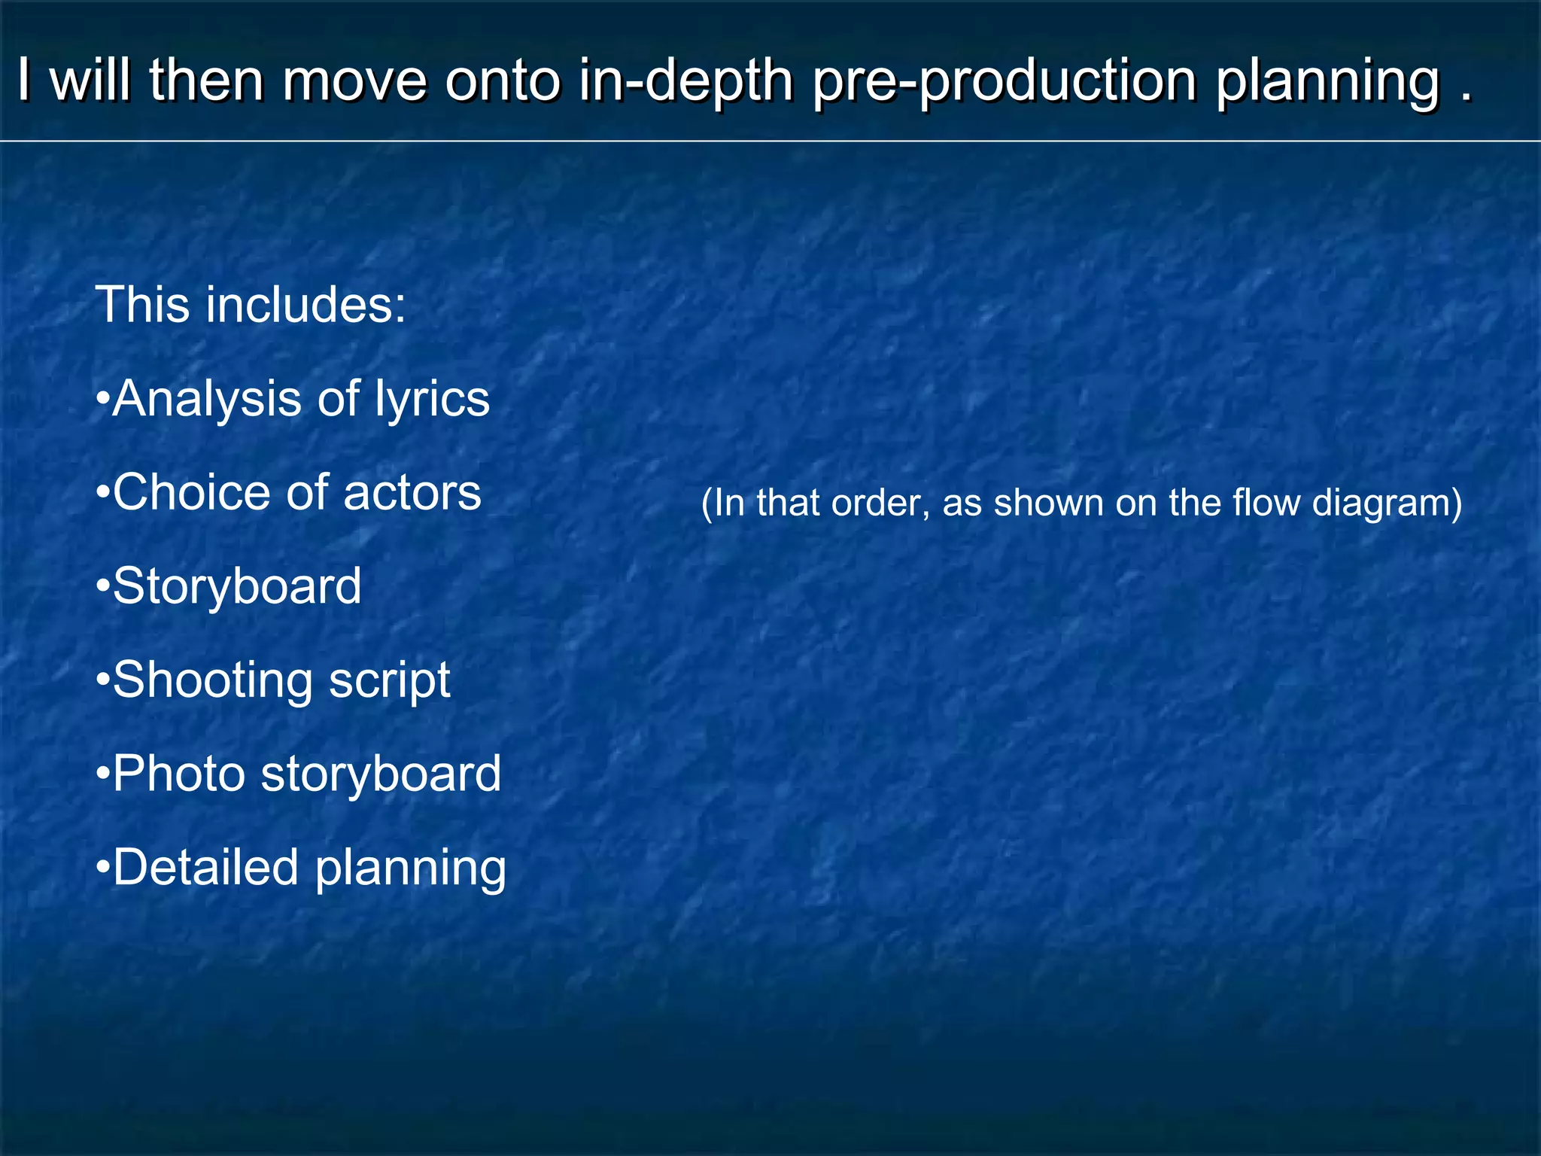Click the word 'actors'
pos(412,494)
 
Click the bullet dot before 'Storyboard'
pos(104,587)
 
